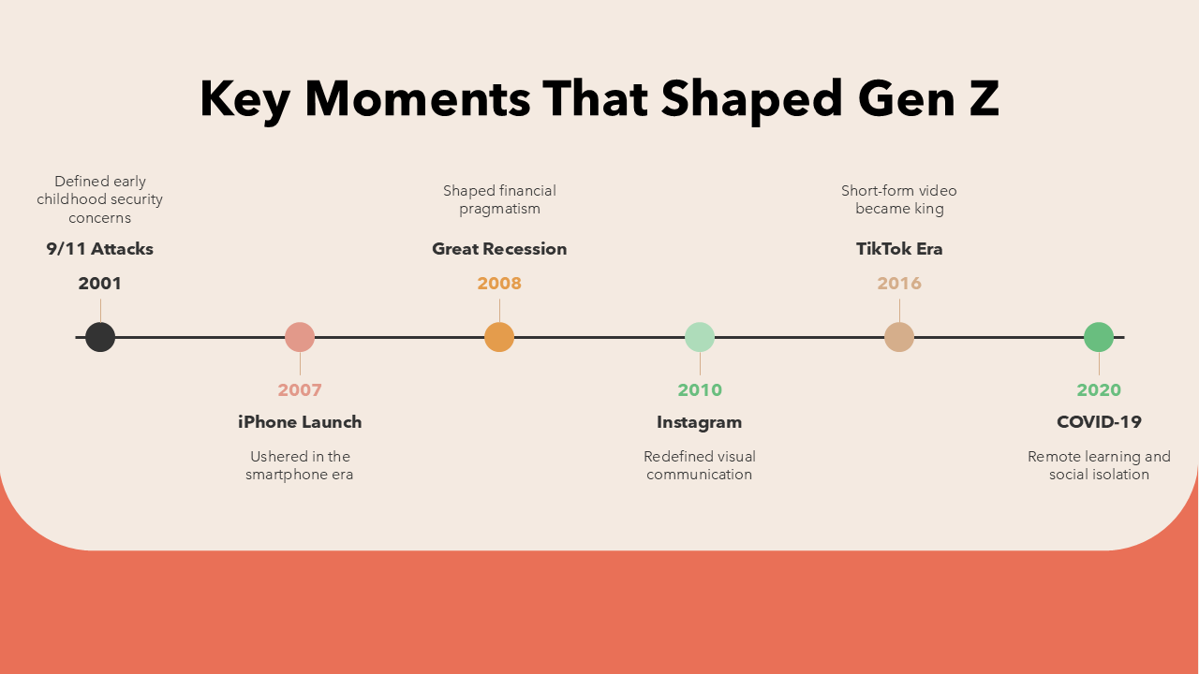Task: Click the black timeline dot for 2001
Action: [x=100, y=337]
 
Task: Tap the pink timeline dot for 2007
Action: [x=300, y=337]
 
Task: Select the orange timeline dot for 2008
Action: [x=499, y=337]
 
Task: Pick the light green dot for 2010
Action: [x=700, y=337]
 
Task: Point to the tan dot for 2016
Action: [x=899, y=337]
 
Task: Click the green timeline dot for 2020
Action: [x=1099, y=337]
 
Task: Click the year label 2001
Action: [x=100, y=284]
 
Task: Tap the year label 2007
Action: [x=300, y=390]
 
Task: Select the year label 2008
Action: [x=499, y=284]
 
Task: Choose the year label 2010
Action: [x=700, y=390]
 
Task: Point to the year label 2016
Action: [x=899, y=284]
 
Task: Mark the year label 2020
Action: [x=1099, y=390]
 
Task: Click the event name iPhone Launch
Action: [x=300, y=422]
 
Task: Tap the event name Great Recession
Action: [x=499, y=249]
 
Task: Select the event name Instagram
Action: [x=700, y=422]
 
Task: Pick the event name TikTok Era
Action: [x=899, y=249]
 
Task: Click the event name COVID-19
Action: [x=1099, y=422]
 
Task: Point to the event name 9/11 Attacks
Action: [x=100, y=249]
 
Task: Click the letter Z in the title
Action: [x=982, y=99]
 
